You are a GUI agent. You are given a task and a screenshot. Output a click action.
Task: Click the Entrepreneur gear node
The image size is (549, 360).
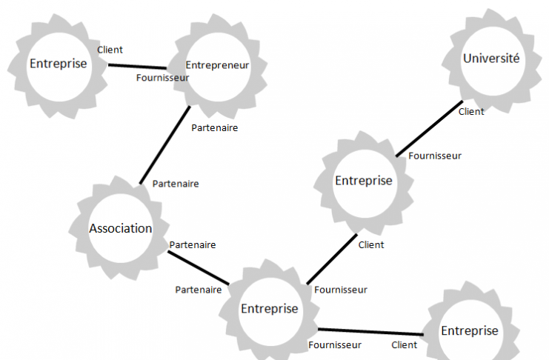pyautogui.click(x=216, y=65)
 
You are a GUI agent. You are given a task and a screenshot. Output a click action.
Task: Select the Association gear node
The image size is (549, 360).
pyautogui.click(x=121, y=228)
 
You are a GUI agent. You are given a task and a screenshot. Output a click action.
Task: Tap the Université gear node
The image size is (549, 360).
pyautogui.click(x=490, y=59)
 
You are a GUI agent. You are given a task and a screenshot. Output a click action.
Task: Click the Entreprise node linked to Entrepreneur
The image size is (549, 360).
pyautogui.click(x=58, y=64)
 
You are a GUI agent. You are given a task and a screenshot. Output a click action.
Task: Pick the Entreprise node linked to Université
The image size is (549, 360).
pyautogui.click(x=363, y=181)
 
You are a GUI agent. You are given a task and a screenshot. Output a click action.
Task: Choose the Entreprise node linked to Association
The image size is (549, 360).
pyautogui.click(x=269, y=308)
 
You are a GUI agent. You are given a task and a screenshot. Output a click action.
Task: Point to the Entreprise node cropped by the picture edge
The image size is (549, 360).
pyautogui.click(x=470, y=330)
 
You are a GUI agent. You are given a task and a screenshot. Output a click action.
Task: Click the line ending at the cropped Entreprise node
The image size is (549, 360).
pyautogui.click(x=370, y=332)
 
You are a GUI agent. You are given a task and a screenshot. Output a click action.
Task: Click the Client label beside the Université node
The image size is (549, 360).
pyautogui.click(x=471, y=112)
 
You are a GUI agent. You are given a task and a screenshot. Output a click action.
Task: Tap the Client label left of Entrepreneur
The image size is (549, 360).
pyautogui.click(x=110, y=50)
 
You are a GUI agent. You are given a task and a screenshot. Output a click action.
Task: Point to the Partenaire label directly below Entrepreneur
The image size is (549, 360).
pyautogui.click(x=215, y=127)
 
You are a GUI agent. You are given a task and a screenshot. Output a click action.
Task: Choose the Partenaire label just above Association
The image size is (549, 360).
pyautogui.click(x=175, y=184)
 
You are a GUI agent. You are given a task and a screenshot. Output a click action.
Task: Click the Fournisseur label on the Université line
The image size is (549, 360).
pyautogui.click(x=435, y=156)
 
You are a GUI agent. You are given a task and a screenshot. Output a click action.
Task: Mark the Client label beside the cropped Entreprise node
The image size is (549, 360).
pyautogui.click(x=405, y=344)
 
